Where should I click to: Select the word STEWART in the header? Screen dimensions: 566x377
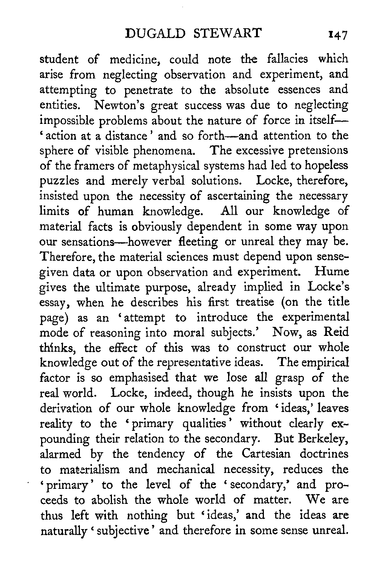click(x=228, y=33)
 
